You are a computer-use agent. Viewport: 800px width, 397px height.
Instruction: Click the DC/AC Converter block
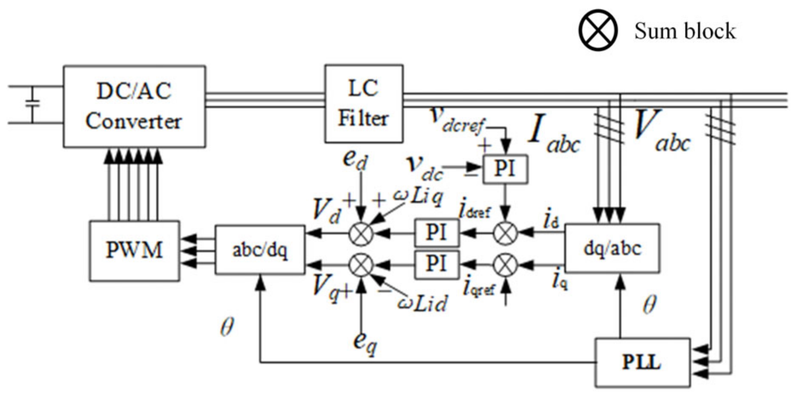tap(134, 106)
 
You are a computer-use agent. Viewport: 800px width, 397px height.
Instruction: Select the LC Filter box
tap(363, 103)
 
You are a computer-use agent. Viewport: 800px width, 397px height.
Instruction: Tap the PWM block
tap(134, 250)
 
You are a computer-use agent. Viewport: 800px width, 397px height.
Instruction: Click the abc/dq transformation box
tap(260, 250)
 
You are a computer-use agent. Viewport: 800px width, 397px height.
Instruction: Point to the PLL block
tap(642, 363)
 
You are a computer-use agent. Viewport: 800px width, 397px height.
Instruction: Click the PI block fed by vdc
tap(505, 169)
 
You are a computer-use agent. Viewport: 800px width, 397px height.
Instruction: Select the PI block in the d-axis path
tap(437, 233)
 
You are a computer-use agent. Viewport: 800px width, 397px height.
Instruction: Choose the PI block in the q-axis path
tap(437, 264)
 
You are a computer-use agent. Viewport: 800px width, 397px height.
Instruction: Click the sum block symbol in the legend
tap(598, 31)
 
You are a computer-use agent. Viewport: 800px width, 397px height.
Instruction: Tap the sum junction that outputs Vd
tap(361, 233)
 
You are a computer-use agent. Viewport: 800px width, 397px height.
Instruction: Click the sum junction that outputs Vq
tap(361, 266)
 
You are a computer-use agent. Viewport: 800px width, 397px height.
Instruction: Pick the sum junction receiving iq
tap(505, 266)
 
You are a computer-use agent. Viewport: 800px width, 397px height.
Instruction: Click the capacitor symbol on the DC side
tap(32, 103)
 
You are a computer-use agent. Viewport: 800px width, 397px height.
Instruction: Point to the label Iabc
tap(554, 134)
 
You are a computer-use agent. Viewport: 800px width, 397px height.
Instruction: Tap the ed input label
tap(355, 160)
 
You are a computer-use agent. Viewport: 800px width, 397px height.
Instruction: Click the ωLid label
tap(422, 303)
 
